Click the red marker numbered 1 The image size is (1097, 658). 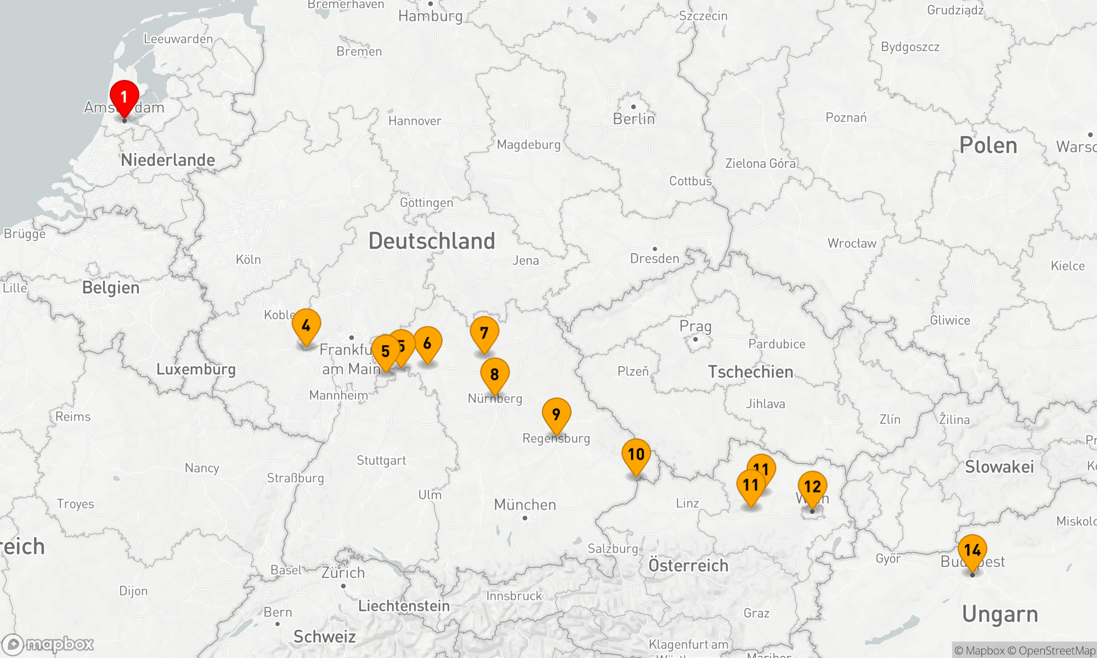tap(124, 98)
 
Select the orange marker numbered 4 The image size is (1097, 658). tap(306, 326)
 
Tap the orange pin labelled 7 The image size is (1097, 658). tap(484, 333)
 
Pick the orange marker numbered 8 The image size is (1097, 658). tap(495, 375)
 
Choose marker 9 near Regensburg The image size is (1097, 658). tap(556, 415)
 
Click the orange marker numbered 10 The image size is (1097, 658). tap(636, 455)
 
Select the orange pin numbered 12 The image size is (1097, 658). tap(812, 487)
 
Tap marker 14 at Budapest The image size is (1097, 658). tap(972, 550)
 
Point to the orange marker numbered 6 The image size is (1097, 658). tap(428, 344)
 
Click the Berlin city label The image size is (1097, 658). tap(634, 119)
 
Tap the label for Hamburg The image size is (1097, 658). tap(431, 16)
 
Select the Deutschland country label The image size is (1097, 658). tap(432, 241)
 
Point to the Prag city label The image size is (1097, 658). tap(695, 326)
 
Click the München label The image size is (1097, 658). tap(525, 504)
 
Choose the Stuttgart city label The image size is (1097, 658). tap(381, 461)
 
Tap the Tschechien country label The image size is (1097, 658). tap(750, 372)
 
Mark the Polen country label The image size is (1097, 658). tap(988, 145)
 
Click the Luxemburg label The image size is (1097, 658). tap(196, 369)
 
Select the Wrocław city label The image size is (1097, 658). tap(852, 243)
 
